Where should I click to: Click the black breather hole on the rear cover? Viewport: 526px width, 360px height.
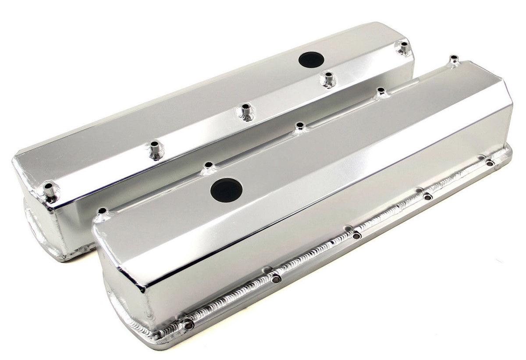click(x=311, y=60)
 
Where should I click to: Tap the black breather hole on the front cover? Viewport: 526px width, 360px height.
click(x=226, y=190)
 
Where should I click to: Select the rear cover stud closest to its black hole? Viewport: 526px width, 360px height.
click(x=327, y=79)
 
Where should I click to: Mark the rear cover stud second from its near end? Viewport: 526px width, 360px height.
click(x=156, y=149)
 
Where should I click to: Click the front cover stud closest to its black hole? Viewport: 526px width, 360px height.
click(x=209, y=166)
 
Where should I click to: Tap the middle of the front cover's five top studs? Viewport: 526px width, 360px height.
click(x=300, y=127)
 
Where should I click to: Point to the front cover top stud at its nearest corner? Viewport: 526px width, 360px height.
click(x=102, y=212)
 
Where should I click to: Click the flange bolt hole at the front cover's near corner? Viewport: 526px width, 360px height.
click(x=188, y=325)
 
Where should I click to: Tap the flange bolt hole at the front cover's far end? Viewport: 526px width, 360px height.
click(x=490, y=163)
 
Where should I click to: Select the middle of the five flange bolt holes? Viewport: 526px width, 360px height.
click(x=356, y=236)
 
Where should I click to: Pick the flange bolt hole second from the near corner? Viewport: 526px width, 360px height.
click(x=275, y=279)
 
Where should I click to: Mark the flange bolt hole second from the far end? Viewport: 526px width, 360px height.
click(x=427, y=197)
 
